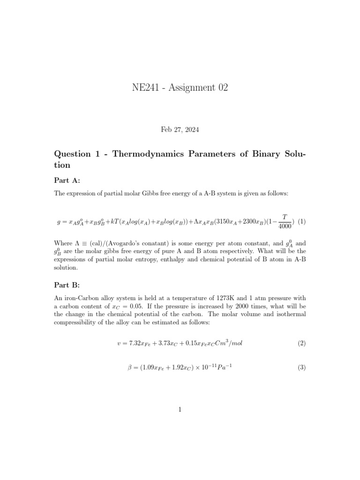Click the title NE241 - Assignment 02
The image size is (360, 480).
coord(180,88)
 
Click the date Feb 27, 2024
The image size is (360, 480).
coord(180,129)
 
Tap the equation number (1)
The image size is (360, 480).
coord(302,221)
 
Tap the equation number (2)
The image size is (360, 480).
coord(302,343)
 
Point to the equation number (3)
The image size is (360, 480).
coord(302,368)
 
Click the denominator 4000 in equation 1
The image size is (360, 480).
coord(285,226)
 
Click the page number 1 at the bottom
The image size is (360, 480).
coord(180,410)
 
